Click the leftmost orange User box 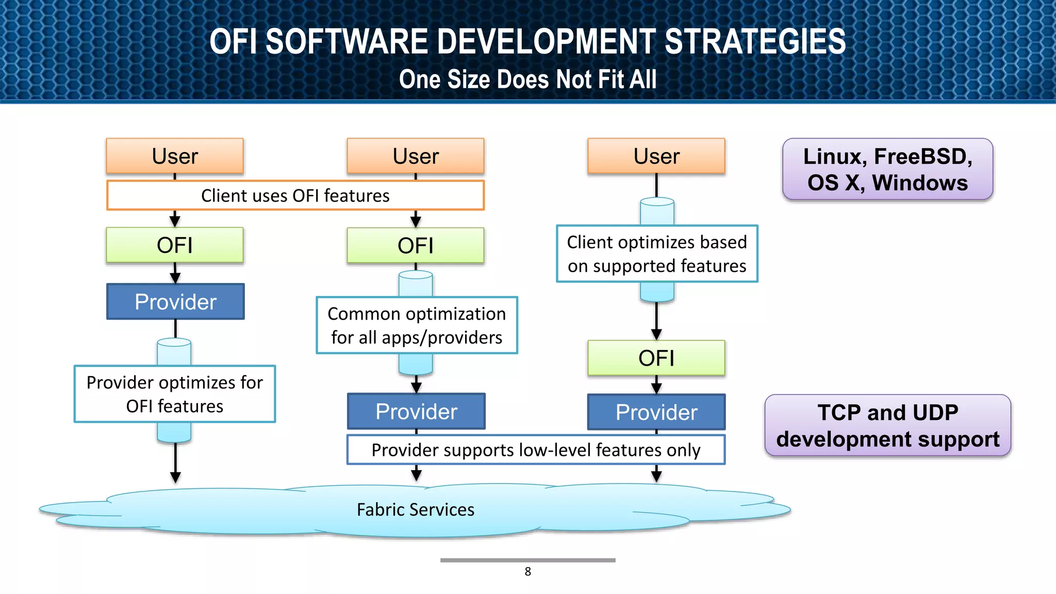175,156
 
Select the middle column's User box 416,156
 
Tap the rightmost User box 656,156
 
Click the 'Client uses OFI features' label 295,195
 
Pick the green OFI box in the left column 175,245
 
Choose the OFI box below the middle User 416,245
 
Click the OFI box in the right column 656,358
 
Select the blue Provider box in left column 175,302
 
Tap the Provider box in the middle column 416,411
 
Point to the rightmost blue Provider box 656,412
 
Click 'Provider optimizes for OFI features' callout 175,394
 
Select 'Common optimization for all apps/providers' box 417,325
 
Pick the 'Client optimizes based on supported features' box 657,254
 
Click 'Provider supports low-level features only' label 536,450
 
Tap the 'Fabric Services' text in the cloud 416,509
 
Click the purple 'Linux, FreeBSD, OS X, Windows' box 887,169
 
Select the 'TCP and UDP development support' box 887,425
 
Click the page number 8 527,571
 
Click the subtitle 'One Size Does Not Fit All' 527,79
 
